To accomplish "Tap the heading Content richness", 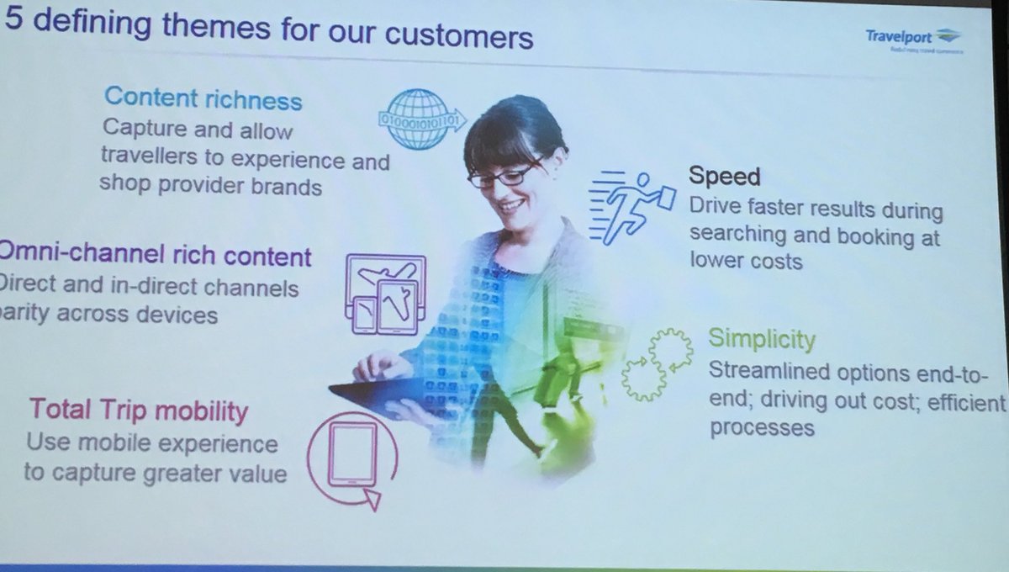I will pyautogui.click(x=203, y=99).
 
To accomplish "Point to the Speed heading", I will pyautogui.click(x=724, y=177).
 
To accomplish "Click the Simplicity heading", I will pyautogui.click(x=762, y=339).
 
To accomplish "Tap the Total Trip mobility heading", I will pyautogui.click(x=139, y=411).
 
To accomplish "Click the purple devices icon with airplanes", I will pyautogui.click(x=383, y=295).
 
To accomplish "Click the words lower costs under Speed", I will pyautogui.click(x=746, y=261).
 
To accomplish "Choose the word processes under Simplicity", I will pyautogui.click(x=762, y=427).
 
